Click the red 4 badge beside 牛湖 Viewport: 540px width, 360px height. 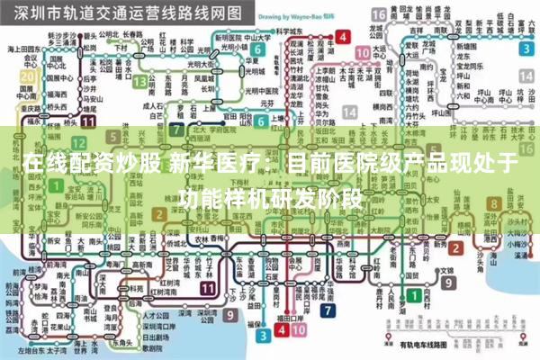(342, 38)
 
